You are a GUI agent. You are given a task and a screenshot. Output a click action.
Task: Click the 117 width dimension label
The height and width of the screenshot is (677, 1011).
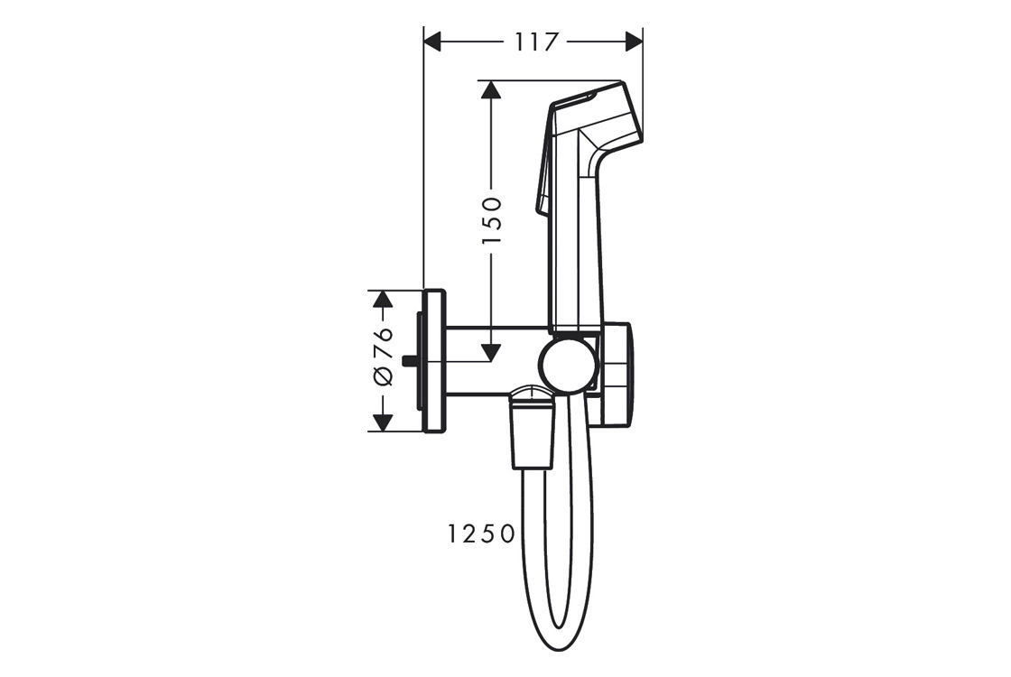536,42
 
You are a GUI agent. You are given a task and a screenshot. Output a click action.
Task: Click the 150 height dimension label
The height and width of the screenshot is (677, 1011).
492,221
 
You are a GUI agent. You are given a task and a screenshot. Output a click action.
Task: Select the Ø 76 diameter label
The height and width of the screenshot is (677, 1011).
383,357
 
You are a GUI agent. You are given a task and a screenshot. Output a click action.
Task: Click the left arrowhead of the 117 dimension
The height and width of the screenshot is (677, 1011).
432,42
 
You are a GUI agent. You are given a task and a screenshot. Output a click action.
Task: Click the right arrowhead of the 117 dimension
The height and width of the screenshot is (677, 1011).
635,42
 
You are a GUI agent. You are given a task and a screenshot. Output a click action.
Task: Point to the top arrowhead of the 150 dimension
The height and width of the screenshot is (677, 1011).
491,89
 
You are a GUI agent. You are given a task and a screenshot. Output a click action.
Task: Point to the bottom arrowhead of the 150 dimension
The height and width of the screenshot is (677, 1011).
491,352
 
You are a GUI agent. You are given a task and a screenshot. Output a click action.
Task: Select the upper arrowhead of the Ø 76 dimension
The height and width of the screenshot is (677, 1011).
383,299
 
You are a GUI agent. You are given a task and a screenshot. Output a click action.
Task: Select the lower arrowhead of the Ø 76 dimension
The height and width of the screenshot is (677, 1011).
383,422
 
